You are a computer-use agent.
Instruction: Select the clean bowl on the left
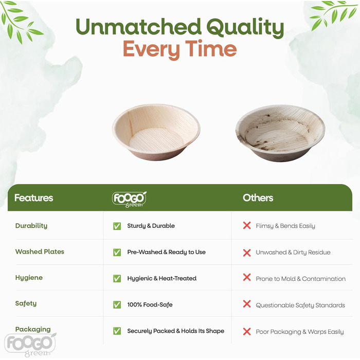point(156,132)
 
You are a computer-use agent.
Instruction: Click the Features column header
point(33,198)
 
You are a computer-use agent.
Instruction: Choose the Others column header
point(258,198)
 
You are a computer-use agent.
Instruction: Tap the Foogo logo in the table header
point(129,199)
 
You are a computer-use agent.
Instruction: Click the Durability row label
point(31,226)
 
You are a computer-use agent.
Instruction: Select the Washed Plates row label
point(40,252)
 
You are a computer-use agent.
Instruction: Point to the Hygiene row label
point(29,278)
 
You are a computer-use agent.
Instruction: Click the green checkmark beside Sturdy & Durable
point(117,226)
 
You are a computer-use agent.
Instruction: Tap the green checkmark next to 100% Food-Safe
point(117,304)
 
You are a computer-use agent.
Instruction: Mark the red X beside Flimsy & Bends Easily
point(247,225)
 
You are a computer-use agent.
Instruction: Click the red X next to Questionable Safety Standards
point(247,304)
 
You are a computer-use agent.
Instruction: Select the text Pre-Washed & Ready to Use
point(166,252)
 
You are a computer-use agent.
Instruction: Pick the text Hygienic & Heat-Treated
point(161,278)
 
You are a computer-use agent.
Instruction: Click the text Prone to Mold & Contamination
point(300,279)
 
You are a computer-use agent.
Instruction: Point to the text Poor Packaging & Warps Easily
point(299,332)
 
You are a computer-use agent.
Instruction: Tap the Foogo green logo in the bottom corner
point(30,342)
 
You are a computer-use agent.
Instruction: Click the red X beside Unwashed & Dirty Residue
point(247,252)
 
